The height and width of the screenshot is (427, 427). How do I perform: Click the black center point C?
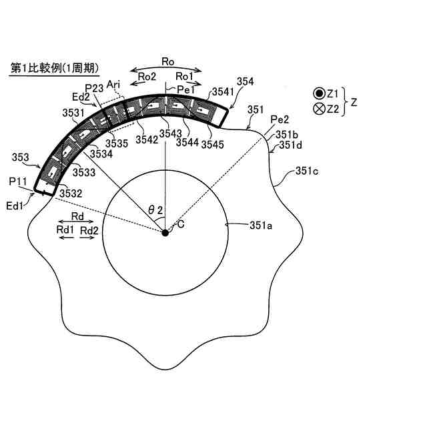click(x=165, y=232)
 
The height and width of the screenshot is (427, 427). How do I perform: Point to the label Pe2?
click(x=279, y=119)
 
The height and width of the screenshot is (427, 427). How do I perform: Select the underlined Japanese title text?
click(x=54, y=68)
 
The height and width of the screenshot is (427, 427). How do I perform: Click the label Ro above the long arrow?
click(x=168, y=62)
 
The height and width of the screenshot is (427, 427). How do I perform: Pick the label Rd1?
click(x=65, y=230)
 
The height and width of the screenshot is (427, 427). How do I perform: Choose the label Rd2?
click(x=89, y=230)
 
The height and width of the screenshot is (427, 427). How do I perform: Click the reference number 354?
click(x=245, y=81)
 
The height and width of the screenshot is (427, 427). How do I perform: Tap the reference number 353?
click(x=20, y=158)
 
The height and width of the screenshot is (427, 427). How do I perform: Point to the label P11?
click(x=17, y=180)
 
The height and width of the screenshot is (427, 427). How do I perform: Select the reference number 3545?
click(x=213, y=143)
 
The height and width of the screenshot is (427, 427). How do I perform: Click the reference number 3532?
click(x=70, y=193)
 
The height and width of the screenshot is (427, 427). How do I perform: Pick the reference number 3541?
click(x=221, y=91)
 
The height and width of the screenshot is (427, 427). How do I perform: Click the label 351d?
click(x=292, y=145)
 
